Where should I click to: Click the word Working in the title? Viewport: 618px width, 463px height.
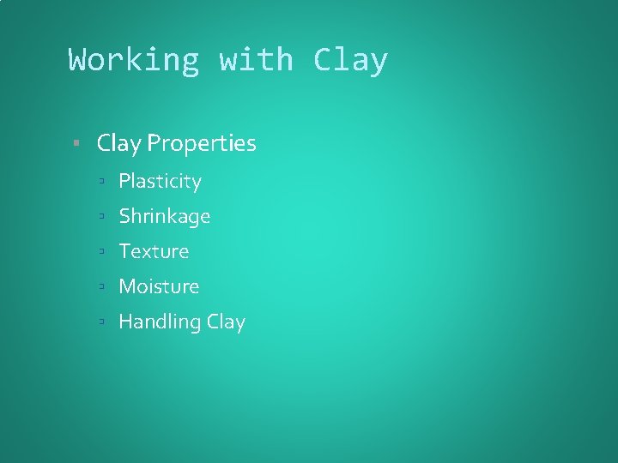(134, 60)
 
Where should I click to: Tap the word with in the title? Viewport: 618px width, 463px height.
(256, 60)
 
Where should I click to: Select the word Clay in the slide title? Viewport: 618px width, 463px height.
(350, 60)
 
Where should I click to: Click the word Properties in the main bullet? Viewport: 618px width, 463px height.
(202, 144)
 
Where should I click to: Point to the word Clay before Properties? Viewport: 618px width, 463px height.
(118, 144)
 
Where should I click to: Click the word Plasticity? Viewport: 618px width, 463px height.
(160, 182)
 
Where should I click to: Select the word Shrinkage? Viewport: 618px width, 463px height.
(164, 217)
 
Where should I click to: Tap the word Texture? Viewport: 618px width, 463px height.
(154, 251)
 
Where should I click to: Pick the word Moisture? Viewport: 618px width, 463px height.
(159, 286)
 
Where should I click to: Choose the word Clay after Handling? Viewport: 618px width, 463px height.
(226, 322)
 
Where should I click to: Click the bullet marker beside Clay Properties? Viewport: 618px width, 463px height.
(77, 143)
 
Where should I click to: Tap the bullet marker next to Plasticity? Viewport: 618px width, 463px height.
(100, 182)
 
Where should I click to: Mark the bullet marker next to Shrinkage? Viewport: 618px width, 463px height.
(100, 216)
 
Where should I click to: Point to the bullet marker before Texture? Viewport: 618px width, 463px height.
(100, 251)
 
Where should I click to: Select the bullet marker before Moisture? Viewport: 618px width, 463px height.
(100, 286)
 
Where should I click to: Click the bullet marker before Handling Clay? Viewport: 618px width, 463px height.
(100, 322)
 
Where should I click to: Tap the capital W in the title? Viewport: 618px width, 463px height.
(78, 60)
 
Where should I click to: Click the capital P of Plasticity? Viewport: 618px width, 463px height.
(124, 182)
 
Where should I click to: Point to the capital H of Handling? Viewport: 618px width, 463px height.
(126, 322)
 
